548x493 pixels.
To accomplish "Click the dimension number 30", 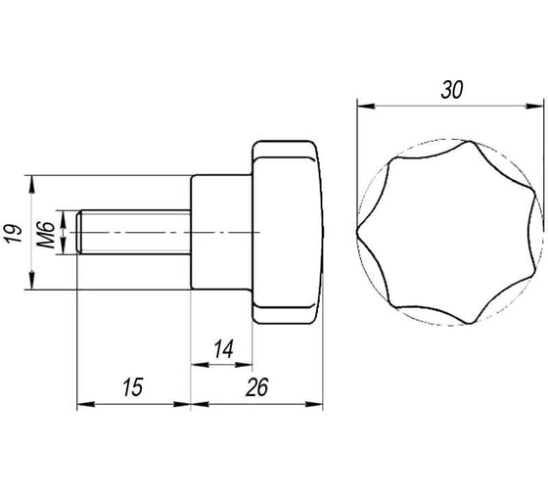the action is (x=451, y=90).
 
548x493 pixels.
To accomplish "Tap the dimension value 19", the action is (x=14, y=234).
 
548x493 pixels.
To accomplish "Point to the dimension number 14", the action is (x=223, y=348).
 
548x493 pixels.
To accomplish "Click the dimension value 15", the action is (x=133, y=387).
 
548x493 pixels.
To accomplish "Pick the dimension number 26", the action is (x=256, y=387).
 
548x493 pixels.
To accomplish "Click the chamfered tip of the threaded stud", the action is (x=79, y=232).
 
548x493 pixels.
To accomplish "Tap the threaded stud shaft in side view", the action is (x=133, y=232).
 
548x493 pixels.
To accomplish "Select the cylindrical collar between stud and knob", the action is (x=221, y=232).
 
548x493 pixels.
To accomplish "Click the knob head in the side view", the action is (x=288, y=232).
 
